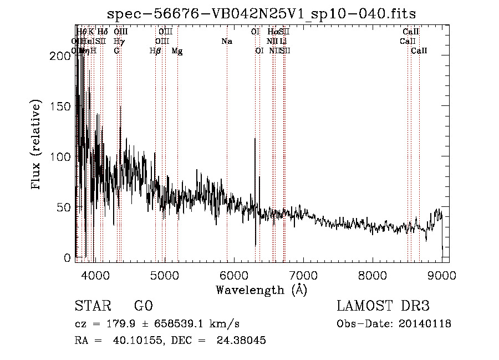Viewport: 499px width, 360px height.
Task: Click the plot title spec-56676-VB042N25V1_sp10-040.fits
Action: tap(261, 13)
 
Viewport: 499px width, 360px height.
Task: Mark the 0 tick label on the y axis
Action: tap(67, 258)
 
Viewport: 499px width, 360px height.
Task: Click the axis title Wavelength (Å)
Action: tap(261, 290)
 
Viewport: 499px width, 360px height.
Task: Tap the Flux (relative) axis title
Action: tap(37, 145)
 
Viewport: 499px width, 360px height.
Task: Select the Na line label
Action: tap(226, 41)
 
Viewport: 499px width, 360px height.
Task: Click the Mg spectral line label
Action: tap(177, 51)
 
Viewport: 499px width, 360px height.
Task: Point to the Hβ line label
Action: tap(155, 51)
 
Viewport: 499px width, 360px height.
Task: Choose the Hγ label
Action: tap(119, 41)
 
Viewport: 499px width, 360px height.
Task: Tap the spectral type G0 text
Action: tap(143, 306)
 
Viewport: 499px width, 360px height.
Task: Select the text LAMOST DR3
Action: tap(383, 306)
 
